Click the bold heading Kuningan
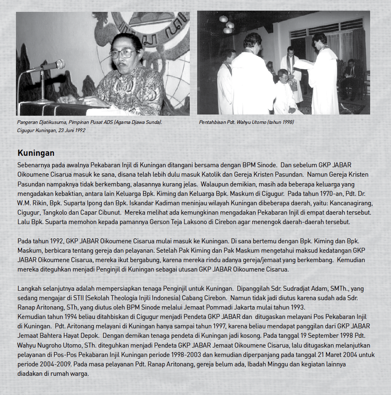click(36, 153)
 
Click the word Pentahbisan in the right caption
click(212, 122)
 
